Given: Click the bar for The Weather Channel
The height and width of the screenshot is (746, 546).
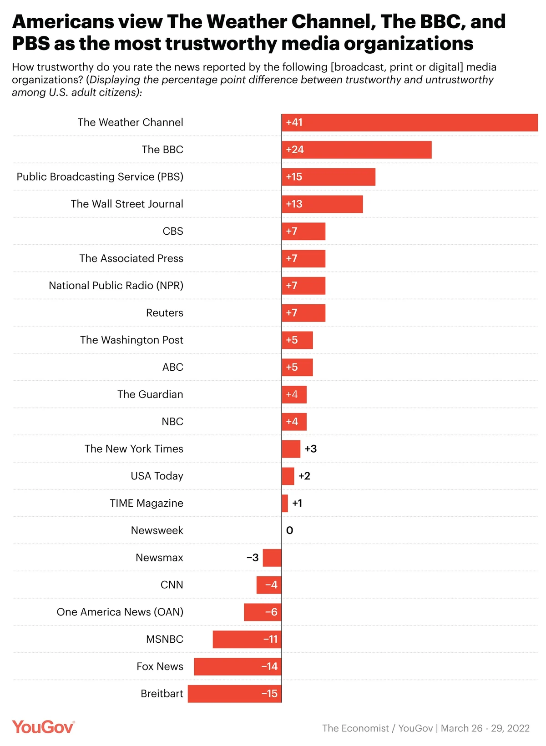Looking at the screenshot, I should [x=409, y=122].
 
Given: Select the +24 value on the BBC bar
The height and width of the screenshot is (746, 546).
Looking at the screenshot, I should [x=295, y=150].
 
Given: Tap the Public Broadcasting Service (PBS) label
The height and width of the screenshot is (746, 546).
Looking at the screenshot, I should [x=100, y=176].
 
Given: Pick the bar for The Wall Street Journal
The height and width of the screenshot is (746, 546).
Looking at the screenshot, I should [x=322, y=204].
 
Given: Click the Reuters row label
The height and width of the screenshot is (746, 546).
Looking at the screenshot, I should [x=164, y=313].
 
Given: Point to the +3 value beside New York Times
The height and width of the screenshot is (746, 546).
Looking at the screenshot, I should [x=311, y=449].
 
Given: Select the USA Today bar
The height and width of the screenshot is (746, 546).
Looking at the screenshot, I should [x=288, y=476].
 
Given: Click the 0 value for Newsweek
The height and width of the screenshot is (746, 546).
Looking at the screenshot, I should [x=290, y=530].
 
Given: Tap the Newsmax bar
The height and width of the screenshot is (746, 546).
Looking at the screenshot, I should [x=272, y=558].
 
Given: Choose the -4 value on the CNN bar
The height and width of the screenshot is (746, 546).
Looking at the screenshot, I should [x=271, y=585].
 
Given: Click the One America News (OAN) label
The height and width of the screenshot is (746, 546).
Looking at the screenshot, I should [x=120, y=612].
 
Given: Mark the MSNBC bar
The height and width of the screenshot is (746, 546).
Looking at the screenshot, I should [x=247, y=639].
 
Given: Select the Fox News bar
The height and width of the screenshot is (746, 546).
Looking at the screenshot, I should [x=238, y=666].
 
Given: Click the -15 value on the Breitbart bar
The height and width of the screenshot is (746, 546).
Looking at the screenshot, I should [x=269, y=694].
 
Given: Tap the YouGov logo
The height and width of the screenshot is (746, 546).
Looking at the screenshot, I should [x=43, y=727].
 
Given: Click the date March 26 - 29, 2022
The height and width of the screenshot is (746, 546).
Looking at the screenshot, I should [x=485, y=728].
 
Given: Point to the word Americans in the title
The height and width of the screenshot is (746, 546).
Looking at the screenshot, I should [x=62, y=21].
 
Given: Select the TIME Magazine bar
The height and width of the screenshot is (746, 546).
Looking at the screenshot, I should [x=285, y=504].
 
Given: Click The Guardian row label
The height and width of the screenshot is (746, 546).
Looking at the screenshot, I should [x=150, y=394].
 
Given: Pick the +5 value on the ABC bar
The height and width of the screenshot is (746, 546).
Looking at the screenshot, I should [x=292, y=367].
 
